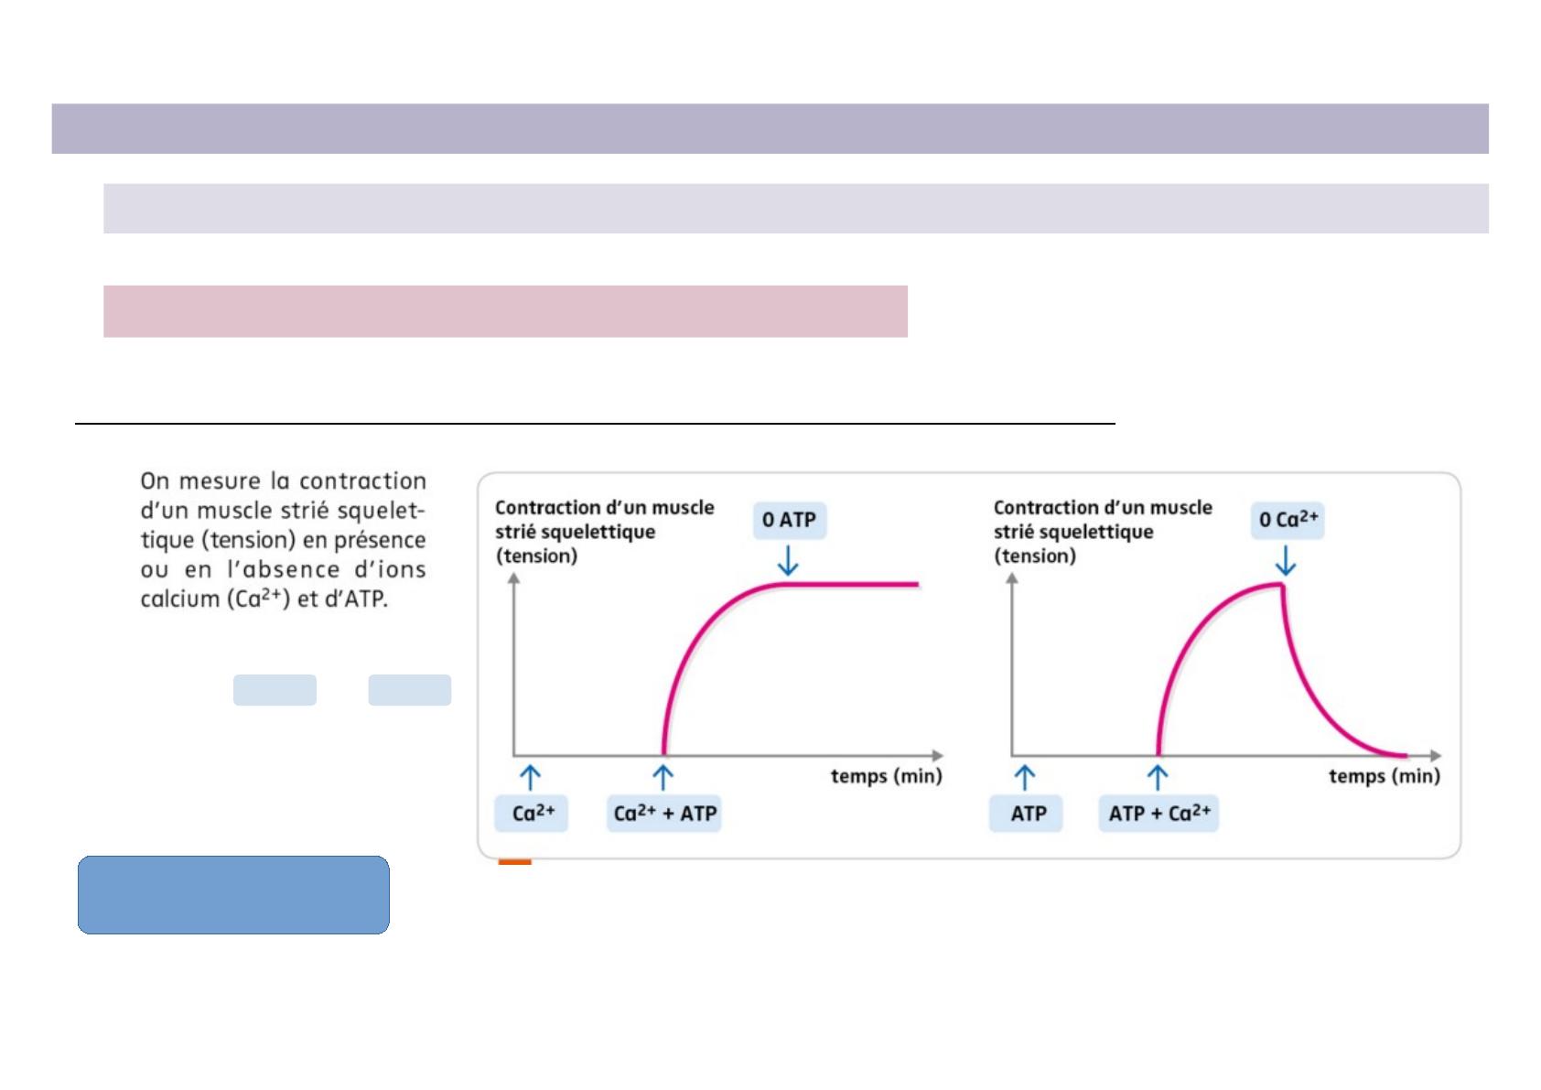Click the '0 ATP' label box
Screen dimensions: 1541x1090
[x=789, y=520]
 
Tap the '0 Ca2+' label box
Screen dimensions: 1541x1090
[x=1288, y=520]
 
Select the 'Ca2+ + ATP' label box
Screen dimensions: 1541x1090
[x=663, y=814]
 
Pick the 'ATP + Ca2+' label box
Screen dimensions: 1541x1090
[x=1158, y=814]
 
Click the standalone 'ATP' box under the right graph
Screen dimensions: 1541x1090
[x=1026, y=814]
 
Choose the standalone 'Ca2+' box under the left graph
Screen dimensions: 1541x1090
[x=531, y=814]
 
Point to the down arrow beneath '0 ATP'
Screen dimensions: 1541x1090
[x=789, y=560]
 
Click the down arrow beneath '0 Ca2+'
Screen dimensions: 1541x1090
[x=1286, y=560]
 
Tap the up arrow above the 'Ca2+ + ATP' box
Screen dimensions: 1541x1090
[x=663, y=777]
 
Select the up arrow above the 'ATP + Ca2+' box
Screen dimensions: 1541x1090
[x=1158, y=777]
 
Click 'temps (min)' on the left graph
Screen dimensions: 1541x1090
[x=886, y=776]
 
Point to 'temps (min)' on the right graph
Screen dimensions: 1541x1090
[x=1385, y=776]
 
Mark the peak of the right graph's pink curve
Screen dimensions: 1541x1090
[x=1282, y=584]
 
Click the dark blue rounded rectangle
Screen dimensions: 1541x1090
[x=234, y=894]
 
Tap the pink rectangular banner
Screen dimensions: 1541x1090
[x=506, y=312]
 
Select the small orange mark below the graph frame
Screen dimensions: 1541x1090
[x=514, y=861]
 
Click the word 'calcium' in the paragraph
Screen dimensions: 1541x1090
[x=179, y=599]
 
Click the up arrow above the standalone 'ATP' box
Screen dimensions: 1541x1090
[x=1025, y=777]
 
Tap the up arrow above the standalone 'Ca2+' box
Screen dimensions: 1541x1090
[x=531, y=777]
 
